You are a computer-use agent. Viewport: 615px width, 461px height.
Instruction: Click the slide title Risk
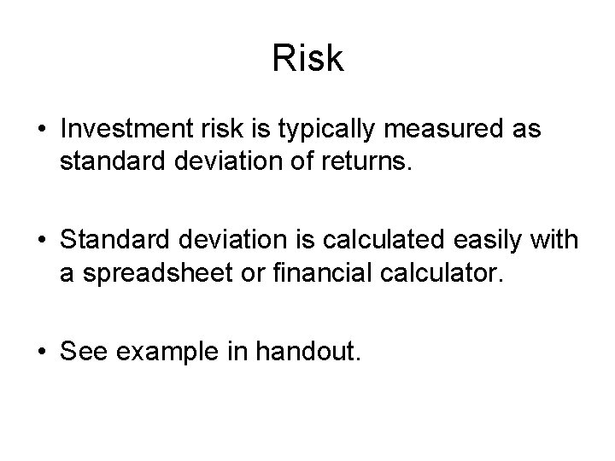307,58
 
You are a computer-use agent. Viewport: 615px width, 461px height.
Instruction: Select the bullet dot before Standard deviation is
42,238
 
